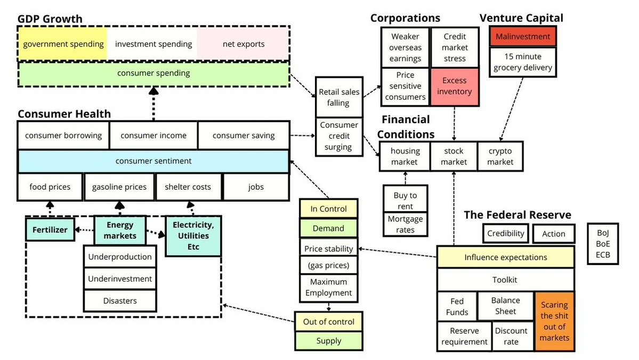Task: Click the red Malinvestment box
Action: (x=522, y=37)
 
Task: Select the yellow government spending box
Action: (x=63, y=44)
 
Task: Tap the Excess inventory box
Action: (x=454, y=86)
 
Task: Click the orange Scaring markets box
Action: (x=554, y=321)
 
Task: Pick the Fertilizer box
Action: (x=50, y=230)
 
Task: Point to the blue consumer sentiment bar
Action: (x=153, y=161)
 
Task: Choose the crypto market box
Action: (x=500, y=156)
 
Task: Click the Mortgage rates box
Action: (x=405, y=224)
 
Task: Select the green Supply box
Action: (x=328, y=341)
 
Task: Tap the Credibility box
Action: (x=505, y=233)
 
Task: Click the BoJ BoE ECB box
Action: (x=603, y=244)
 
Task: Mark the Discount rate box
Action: (x=511, y=336)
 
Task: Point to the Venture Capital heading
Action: (x=521, y=18)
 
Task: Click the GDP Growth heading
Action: (x=50, y=19)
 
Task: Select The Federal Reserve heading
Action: (x=517, y=215)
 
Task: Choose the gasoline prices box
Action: (x=119, y=187)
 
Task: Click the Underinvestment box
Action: (x=120, y=278)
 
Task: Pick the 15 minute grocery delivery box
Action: (x=522, y=62)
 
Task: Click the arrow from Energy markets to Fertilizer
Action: (x=84, y=230)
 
